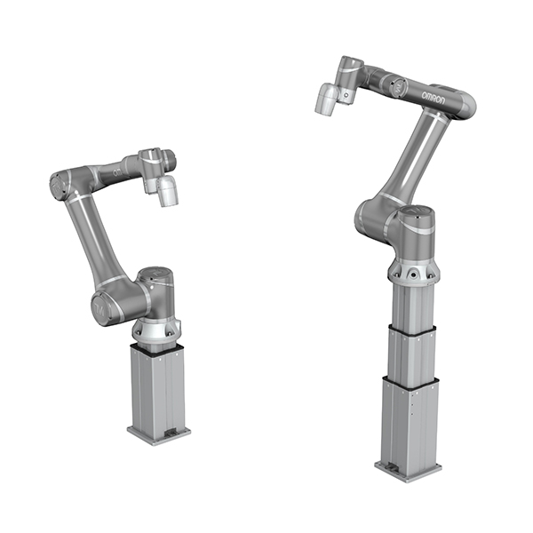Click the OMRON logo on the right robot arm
point(434,97)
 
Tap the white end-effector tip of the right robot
point(326,99)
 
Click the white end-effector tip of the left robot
point(167,191)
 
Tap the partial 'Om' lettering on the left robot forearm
point(118,172)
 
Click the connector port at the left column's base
point(171,434)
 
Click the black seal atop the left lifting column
point(157,347)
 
